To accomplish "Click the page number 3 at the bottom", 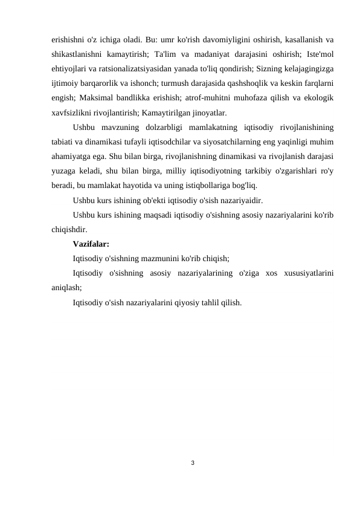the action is point(180,463).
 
